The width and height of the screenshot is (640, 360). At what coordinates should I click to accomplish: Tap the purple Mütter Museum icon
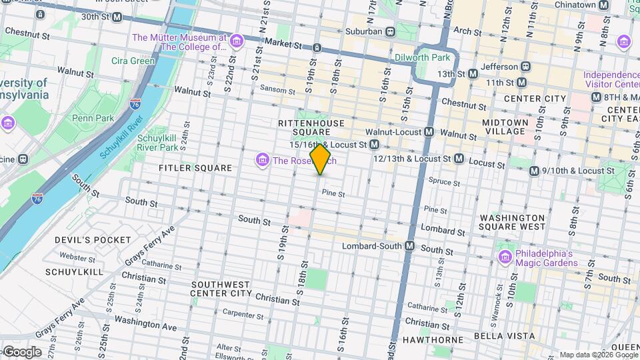pos(235,43)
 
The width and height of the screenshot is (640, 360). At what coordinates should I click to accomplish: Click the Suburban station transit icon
pos(391,31)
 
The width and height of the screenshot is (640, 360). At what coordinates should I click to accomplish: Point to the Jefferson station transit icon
pos(526,67)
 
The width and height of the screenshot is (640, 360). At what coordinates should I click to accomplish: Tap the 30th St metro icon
pos(117,17)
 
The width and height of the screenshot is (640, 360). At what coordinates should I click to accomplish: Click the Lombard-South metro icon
pos(410,246)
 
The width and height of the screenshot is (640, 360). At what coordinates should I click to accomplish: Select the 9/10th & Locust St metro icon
pos(534,171)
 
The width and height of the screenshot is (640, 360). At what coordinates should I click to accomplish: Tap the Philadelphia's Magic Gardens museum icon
pos(505,257)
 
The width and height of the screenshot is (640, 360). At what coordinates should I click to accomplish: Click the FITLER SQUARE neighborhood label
pos(195,168)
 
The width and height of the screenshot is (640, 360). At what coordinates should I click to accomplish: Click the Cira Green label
pos(133,61)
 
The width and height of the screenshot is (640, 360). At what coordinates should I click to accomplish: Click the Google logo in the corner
pos(21,352)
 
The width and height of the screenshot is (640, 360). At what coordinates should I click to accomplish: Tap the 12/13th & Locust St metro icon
pos(459,159)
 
